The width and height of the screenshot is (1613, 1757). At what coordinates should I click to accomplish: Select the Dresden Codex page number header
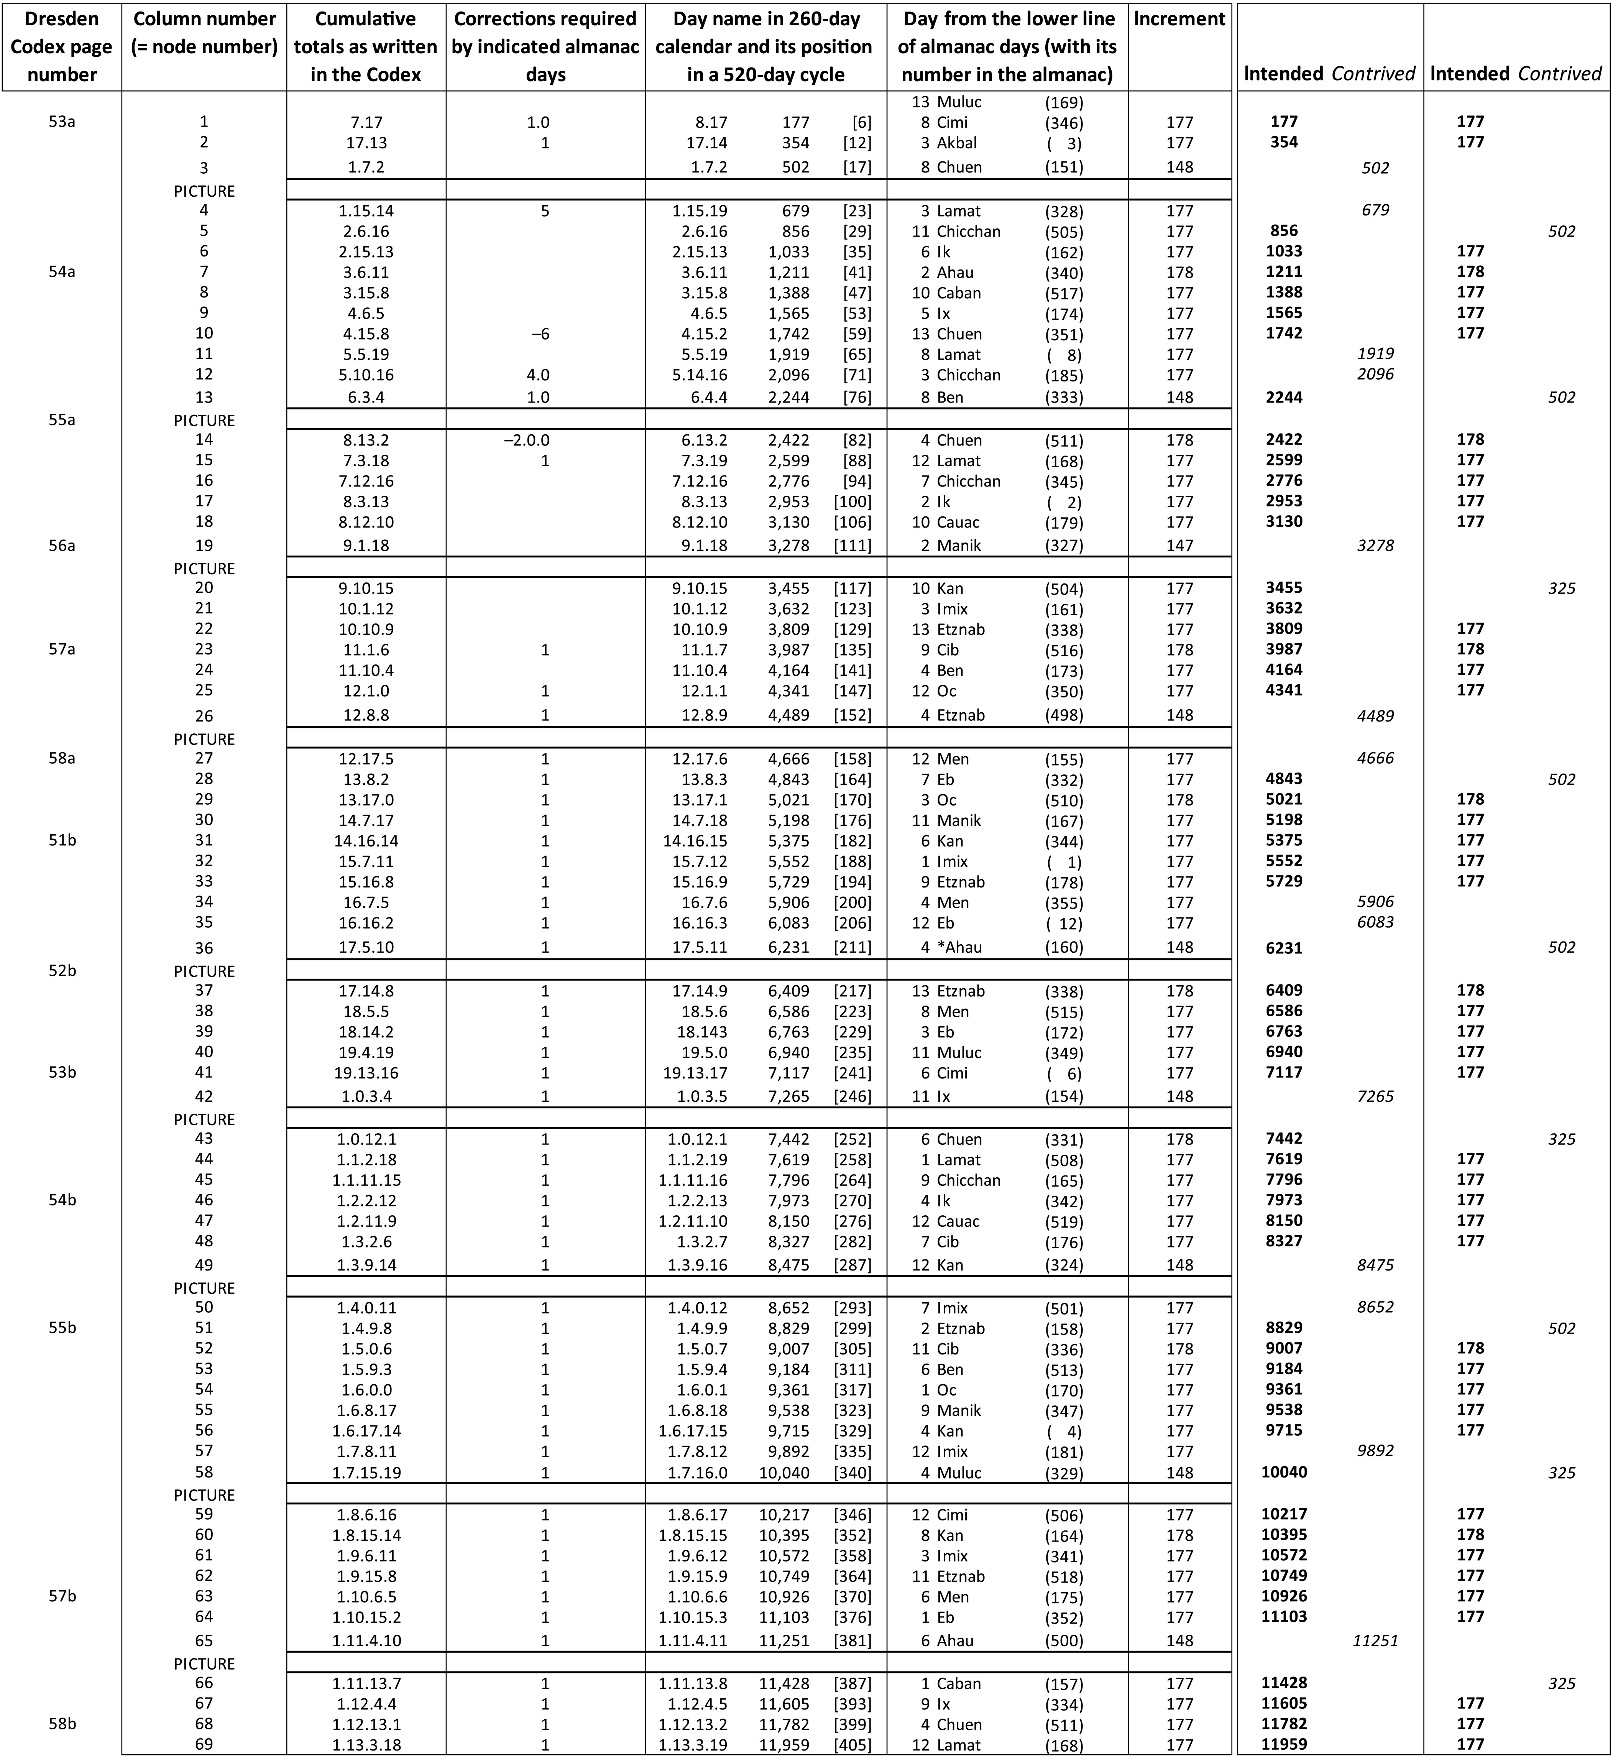click(x=61, y=46)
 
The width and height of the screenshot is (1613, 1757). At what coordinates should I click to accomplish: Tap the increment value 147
click(x=1179, y=546)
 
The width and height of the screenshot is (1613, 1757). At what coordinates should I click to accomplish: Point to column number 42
click(x=204, y=1096)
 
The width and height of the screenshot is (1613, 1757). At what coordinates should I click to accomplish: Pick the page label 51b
click(x=61, y=840)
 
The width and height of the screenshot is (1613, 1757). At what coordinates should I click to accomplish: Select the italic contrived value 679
click(x=1375, y=210)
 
